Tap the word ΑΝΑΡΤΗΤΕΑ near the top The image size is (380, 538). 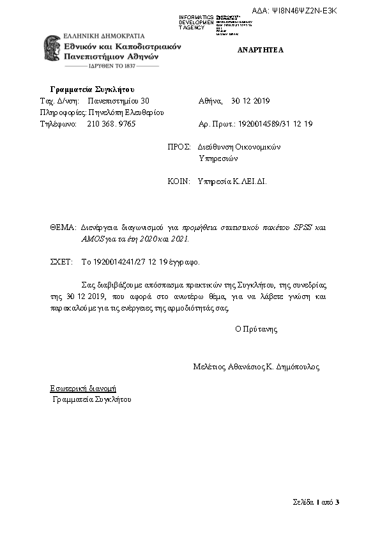click(261, 50)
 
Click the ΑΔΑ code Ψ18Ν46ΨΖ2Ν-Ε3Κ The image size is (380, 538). click(303, 11)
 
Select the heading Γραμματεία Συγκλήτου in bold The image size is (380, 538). click(92, 89)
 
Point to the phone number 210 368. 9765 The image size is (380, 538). click(111, 123)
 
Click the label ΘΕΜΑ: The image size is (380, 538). click(63, 227)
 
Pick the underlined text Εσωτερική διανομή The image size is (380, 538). click(83, 388)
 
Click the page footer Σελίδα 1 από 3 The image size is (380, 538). click(316, 502)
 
